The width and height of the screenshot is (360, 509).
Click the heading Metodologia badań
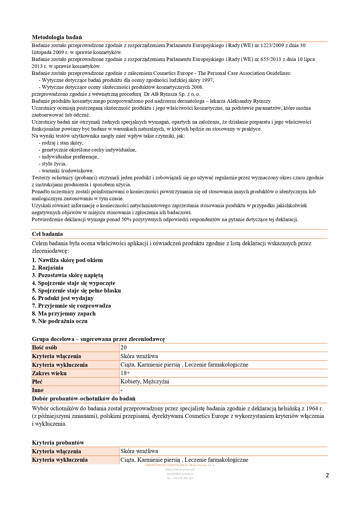[x=57, y=37]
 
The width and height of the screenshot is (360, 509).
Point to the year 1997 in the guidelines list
[x=208, y=80]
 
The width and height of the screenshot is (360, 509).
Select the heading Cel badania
[x=47, y=234]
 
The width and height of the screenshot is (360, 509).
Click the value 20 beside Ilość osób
[x=124, y=347]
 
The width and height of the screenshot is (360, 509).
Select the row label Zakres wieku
[x=49, y=373]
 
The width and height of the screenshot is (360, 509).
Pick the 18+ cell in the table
[x=125, y=373]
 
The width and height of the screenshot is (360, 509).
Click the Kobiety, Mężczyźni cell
[x=145, y=381]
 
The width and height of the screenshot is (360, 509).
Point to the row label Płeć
[x=37, y=382]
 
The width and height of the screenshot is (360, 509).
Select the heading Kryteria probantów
[x=58, y=443]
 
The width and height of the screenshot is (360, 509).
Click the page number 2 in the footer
[x=327, y=475]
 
